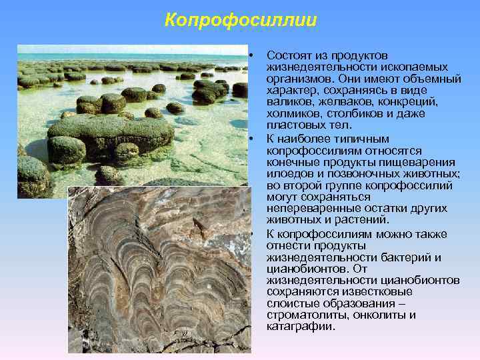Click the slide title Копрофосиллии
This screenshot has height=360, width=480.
pos(241,21)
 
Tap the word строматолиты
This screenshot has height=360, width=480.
pos(301,315)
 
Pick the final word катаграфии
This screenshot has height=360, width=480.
pos(301,327)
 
